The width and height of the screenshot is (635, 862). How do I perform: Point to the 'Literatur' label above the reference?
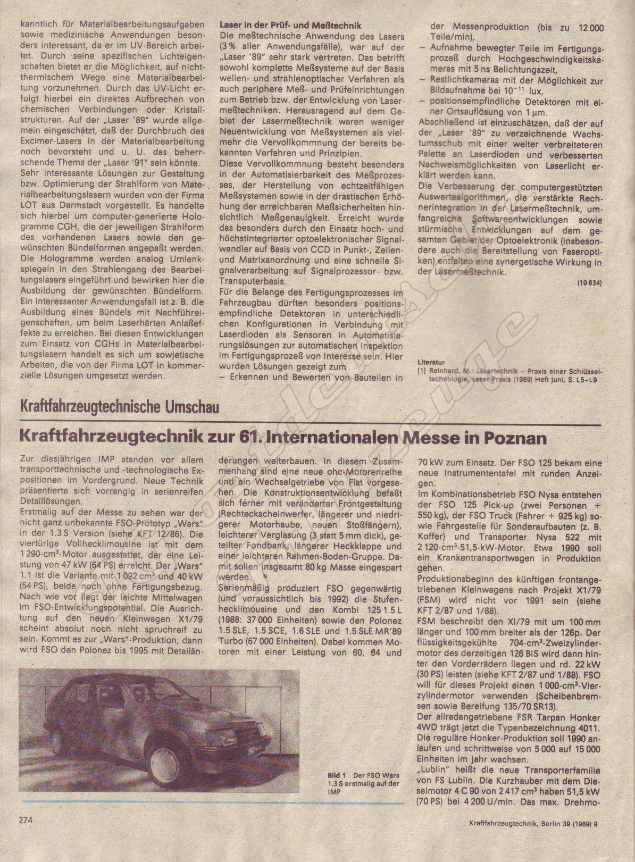pos(431,362)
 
